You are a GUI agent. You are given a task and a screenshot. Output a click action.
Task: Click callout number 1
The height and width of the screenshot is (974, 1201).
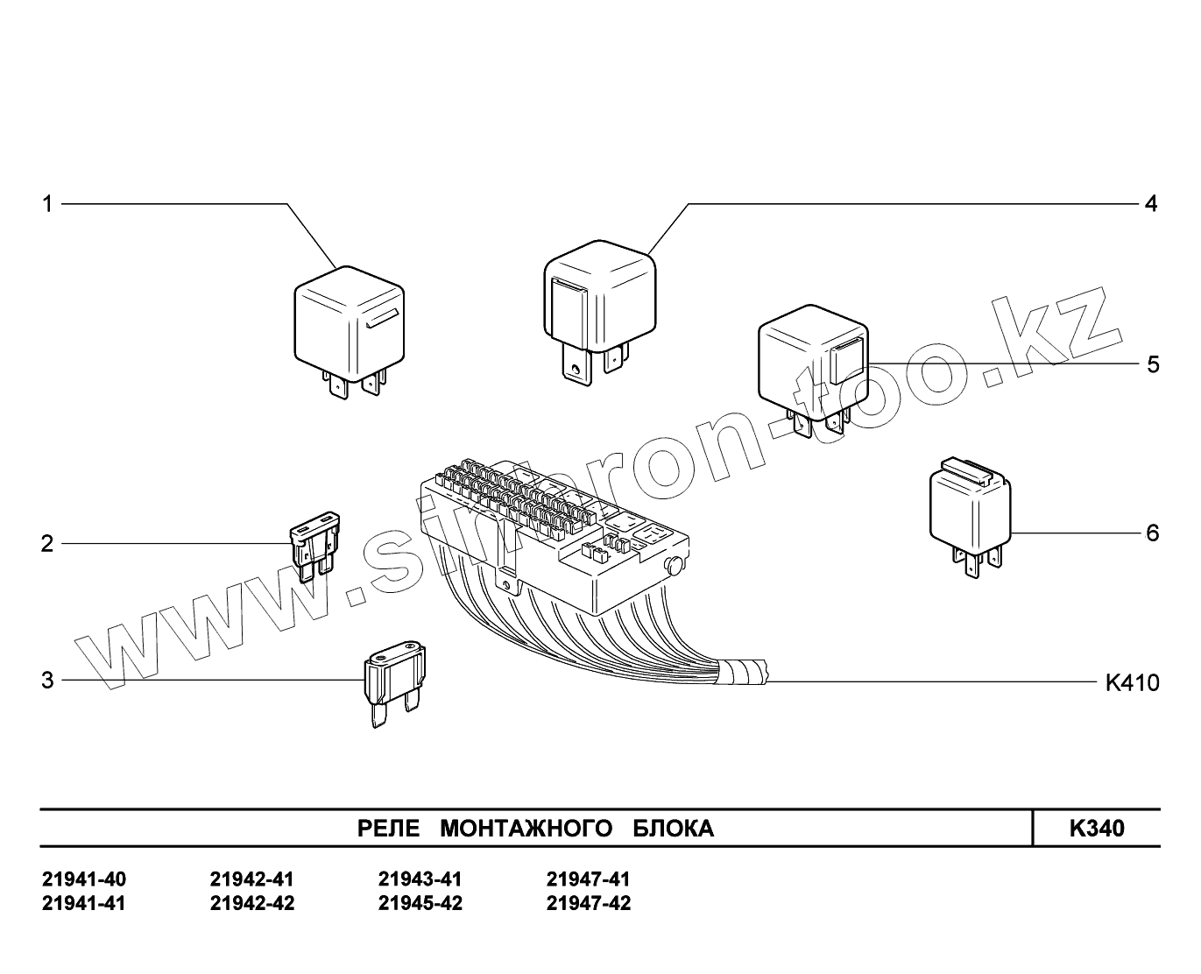[48, 205]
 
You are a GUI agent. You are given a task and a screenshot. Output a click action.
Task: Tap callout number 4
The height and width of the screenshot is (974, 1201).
[1151, 204]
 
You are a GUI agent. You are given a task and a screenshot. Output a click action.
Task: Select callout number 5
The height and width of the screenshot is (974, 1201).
[1152, 364]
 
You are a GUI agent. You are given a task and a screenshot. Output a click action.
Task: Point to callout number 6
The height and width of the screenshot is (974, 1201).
[1152, 533]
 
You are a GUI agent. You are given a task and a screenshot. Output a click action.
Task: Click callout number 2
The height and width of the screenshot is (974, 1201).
[47, 544]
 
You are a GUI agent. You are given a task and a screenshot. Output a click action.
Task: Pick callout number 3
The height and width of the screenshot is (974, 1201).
[47, 681]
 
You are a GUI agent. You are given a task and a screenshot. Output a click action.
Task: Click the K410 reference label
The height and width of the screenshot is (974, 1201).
[1132, 682]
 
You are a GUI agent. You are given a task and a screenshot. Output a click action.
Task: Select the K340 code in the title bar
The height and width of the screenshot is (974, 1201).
[1096, 829]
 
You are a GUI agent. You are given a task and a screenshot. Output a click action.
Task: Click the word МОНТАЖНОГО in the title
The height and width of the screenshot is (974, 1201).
[525, 829]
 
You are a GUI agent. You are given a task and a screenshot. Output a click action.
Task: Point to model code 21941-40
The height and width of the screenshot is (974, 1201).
[84, 879]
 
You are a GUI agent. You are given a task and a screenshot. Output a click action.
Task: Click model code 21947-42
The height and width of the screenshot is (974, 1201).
[588, 903]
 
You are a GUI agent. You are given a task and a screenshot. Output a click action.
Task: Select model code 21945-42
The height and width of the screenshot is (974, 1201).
[420, 903]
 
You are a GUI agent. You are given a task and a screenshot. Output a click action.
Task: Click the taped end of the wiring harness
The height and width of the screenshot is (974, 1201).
[743, 674]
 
